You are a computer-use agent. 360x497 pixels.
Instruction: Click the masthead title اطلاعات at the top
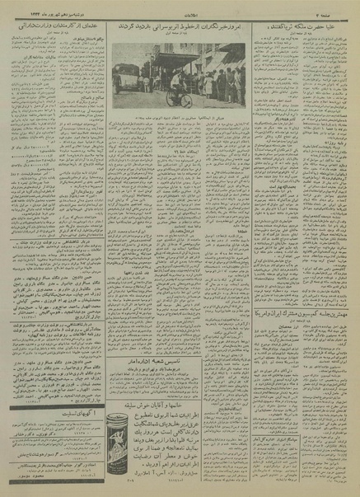coord(180,7)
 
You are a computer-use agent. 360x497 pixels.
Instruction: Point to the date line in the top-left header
coord(33,7)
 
